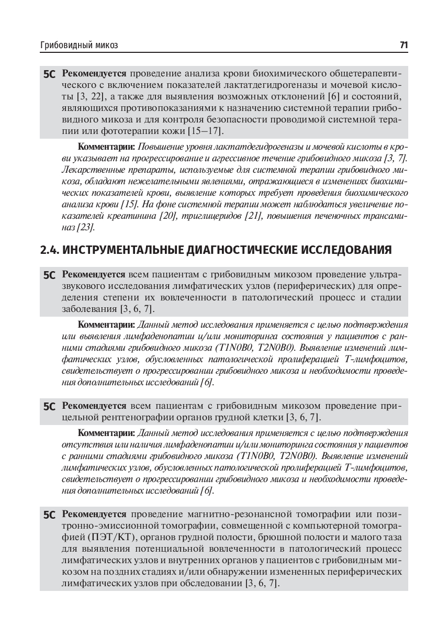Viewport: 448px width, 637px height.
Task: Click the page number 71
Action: (x=404, y=46)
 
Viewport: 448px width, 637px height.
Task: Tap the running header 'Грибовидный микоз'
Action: (x=79, y=46)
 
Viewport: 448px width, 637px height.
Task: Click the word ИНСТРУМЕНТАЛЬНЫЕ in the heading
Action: (x=124, y=250)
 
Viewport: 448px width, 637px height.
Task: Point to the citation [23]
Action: (x=86, y=228)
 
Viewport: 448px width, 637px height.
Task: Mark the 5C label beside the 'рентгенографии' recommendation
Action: (x=50, y=406)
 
